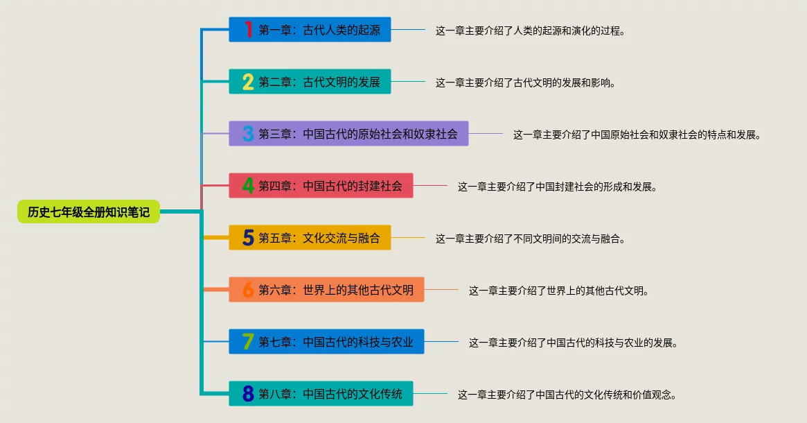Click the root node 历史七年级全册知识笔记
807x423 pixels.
tap(89, 212)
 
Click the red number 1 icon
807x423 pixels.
tap(248, 30)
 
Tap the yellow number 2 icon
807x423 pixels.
tap(248, 82)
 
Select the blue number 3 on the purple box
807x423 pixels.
tap(248, 134)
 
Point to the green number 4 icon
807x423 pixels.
tap(248, 186)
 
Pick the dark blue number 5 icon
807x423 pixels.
tap(248, 238)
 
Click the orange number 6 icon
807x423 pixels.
tap(248, 290)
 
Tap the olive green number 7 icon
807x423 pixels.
tap(248, 342)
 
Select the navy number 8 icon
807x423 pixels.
tap(248, 394)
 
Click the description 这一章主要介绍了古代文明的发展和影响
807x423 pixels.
tap(525, 83)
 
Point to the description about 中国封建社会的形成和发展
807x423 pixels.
tap(557, 187)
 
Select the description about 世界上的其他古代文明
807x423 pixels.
tap(558, 291)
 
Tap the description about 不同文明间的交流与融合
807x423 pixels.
tap(531, 239)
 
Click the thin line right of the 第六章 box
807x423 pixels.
tap(441, 289)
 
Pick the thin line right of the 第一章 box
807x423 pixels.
tap(408, 30)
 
